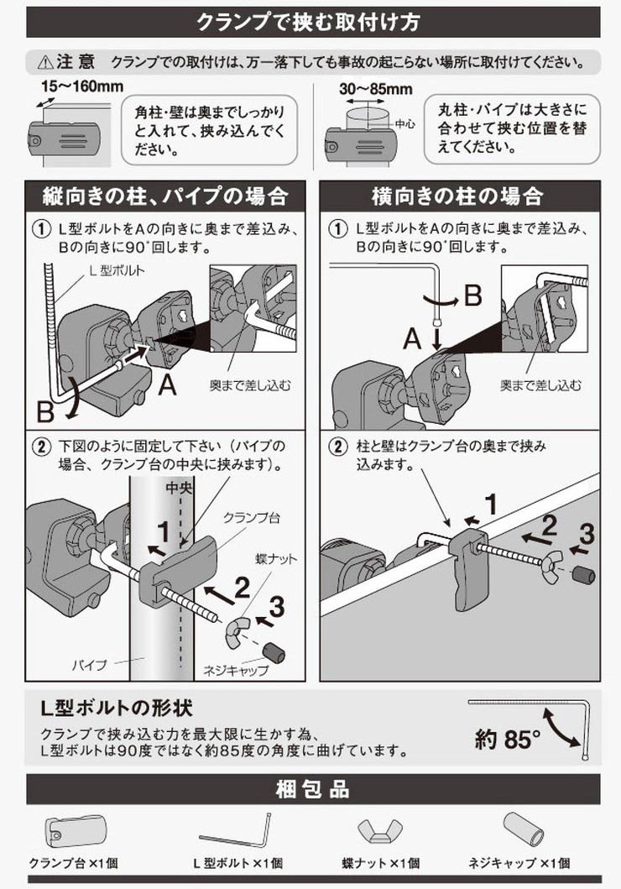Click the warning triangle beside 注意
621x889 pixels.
(44, 62)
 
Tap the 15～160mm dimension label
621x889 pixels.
(82, 86)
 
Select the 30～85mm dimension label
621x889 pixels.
(376, 89)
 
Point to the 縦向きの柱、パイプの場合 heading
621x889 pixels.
(164, 196)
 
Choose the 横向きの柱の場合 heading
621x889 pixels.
(457, 196)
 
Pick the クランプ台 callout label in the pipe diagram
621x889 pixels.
(252, 517)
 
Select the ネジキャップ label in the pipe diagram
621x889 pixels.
(236, 670)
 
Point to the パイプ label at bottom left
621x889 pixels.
(90, 664)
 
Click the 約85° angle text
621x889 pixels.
(507, 740)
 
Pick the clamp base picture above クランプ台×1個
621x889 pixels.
(74, 832)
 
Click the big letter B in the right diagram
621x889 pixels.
(472, 295)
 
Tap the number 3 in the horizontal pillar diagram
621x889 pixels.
(586, 535)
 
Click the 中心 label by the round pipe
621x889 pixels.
(404, 123)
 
